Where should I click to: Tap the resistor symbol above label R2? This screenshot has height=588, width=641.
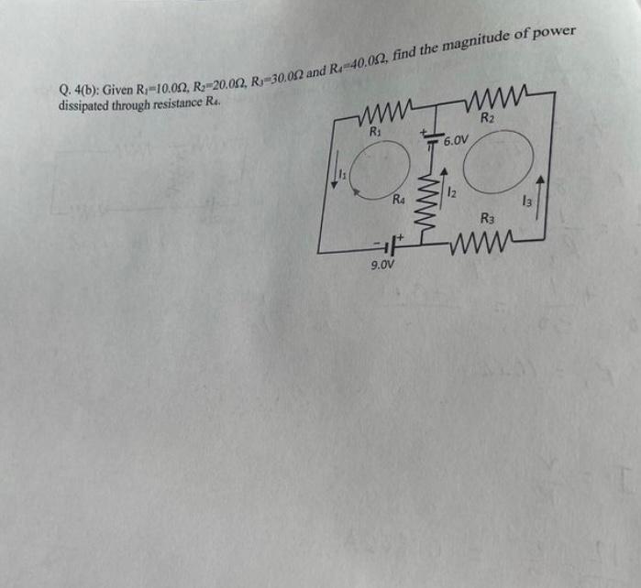[497, 94]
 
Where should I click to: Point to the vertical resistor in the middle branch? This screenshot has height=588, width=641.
[425, 195]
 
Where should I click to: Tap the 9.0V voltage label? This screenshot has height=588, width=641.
[382, 267]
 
